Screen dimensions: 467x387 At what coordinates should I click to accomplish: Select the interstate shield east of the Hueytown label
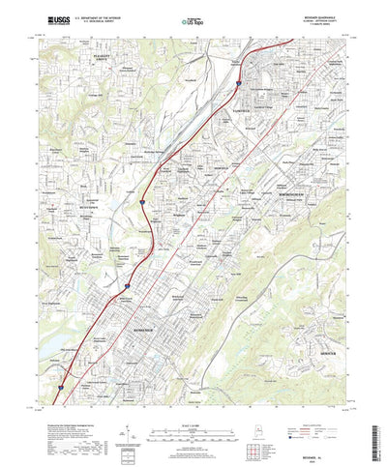point(142,202)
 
